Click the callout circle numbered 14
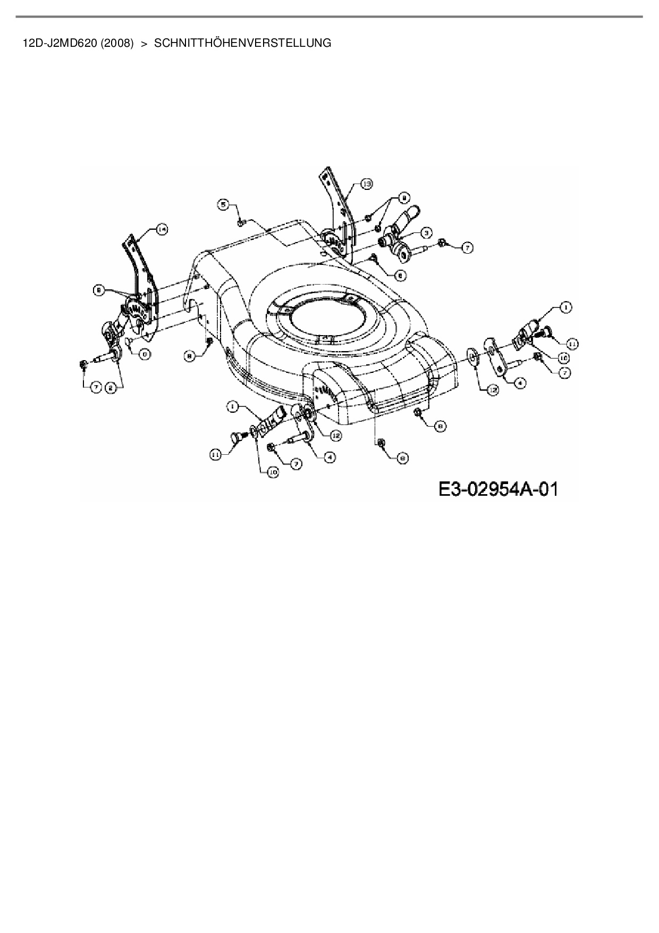(x=162, y=229)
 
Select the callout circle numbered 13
(x=366, y=184)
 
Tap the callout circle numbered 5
(x=224, y=204)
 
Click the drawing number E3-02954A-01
(x=498, y=488)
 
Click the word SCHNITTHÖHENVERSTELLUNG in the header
(x=242, y=43)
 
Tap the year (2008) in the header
(x=117, y=43)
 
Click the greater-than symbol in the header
(x=143, y=43)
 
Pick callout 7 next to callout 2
(x=95, y=388)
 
